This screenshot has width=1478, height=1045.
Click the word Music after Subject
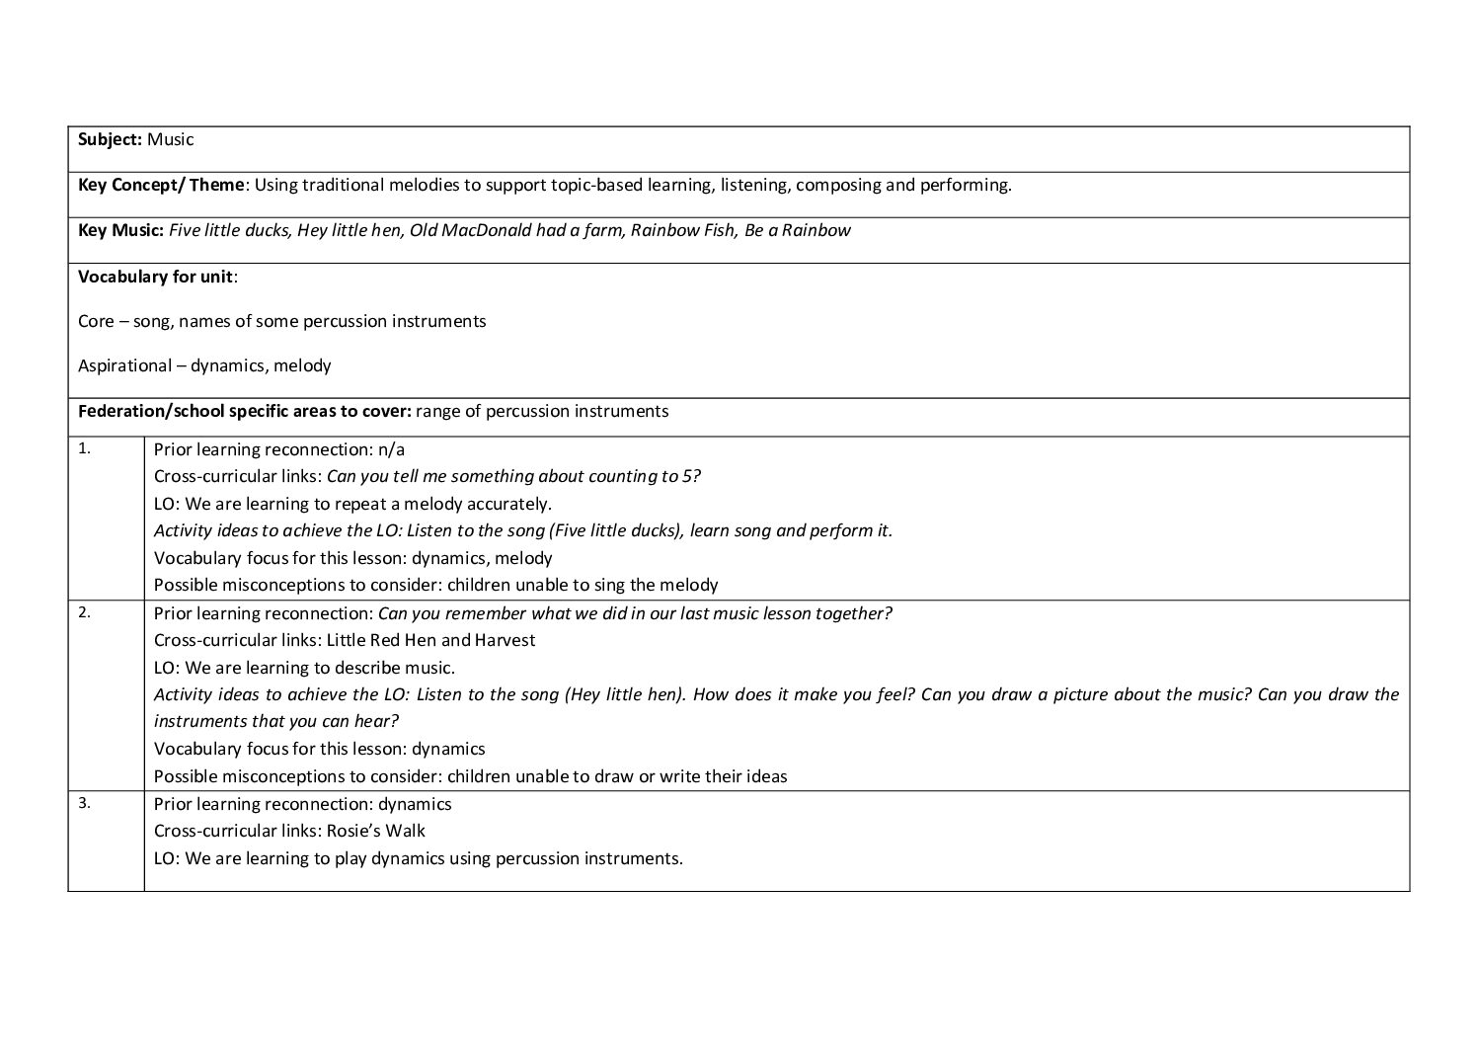tap(171, 139)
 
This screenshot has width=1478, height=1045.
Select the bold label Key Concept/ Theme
tap(160, 185)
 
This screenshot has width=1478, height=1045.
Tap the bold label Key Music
tap(120, 230)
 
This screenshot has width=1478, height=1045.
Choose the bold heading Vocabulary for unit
tap(156, 276)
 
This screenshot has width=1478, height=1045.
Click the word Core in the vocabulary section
tap(96, 321)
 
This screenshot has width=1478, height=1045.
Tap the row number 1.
tap(84, 447)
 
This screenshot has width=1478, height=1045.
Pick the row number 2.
tap(84, 611)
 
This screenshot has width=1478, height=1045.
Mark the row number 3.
tap(84, 802)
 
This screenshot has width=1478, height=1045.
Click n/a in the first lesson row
tap(391, 449)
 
